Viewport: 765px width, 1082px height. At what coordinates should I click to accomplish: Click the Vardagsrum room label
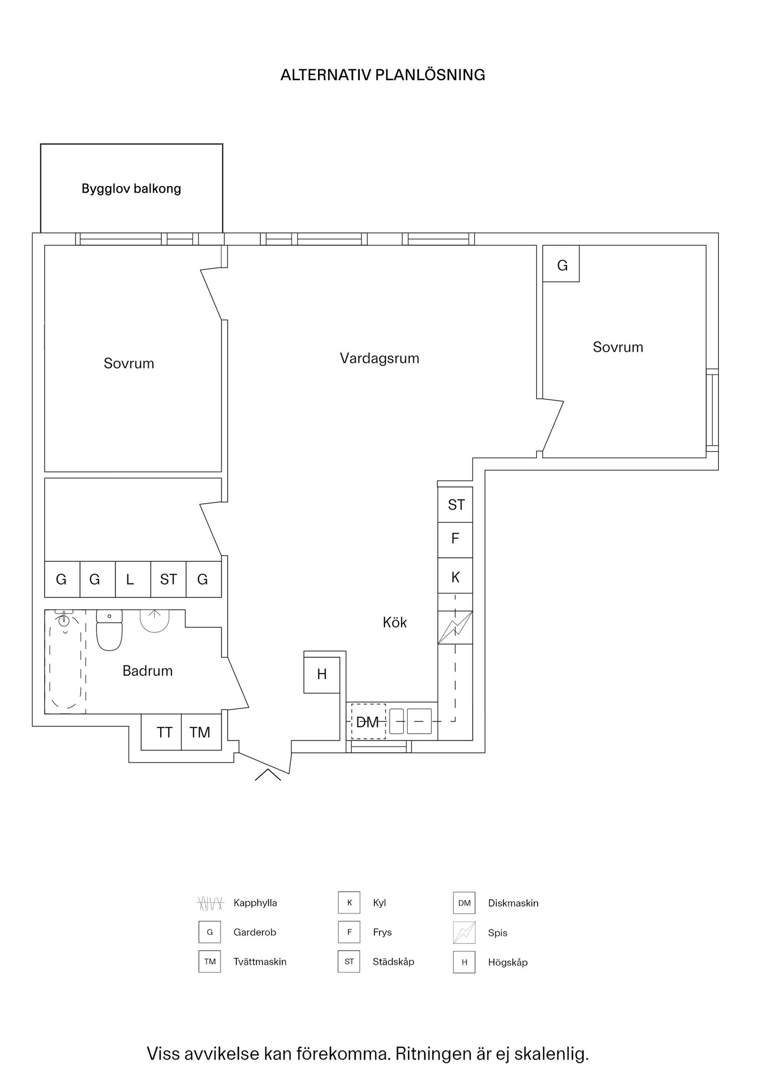[x=379, y=358]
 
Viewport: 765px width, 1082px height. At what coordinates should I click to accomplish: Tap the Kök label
[x=395, y=622]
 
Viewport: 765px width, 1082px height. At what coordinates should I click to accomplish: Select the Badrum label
[x=148, y=671]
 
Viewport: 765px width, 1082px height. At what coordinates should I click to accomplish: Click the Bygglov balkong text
[x=131, y=189]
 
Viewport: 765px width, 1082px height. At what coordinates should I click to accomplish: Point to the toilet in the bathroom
[x=109, y=630]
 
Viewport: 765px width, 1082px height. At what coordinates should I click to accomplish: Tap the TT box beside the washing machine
[x=161, y=732]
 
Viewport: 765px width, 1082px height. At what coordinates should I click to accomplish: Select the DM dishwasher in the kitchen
[x=368, y=721]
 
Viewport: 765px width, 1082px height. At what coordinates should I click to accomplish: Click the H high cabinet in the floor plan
[x=322, y=675]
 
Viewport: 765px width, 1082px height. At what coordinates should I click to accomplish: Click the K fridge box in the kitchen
[x=455, y=576]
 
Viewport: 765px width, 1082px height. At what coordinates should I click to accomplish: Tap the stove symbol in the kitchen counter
[x=455, y=627]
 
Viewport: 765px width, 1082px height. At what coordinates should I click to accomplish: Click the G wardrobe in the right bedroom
[x=561, y=264]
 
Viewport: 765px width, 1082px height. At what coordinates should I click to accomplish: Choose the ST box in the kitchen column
[x=455, y=504]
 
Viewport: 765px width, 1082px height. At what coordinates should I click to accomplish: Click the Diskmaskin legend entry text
[x=513, y=903]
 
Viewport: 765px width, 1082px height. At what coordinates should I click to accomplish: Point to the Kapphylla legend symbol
[x=210, y=903]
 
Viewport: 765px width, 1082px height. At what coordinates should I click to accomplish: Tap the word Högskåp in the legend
[x=508, y=963]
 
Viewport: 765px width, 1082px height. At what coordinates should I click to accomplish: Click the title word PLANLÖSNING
[x=430, y=75]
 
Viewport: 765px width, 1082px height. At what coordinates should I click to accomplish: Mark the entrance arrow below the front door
[x=268, y=774]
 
